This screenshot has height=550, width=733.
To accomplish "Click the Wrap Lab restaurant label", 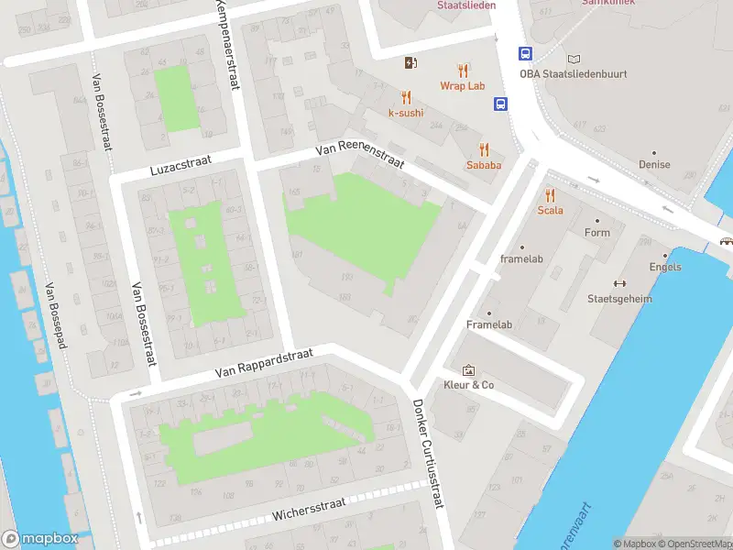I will (x=462, y=86).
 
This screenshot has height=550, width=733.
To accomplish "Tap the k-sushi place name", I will (x=406, y=113).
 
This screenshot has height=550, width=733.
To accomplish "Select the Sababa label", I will (x=484, y=165).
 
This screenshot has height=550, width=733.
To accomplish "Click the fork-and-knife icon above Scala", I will (x=550, y=194).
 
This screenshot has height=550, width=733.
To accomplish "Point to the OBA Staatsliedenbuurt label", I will (x=574, y=74).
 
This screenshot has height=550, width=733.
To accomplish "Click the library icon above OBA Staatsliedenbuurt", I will (x=574, y=59).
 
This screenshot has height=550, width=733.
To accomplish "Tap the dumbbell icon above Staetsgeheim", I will (x=619, y=283).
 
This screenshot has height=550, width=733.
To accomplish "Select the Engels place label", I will (x=664, y=267).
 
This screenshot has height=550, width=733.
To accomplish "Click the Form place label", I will (x=596, y=233).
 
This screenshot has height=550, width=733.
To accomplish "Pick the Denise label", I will (x=654, y=165).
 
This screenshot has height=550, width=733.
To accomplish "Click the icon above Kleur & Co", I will (x=469, y=370).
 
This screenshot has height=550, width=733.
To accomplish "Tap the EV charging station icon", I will (x=411, y=62).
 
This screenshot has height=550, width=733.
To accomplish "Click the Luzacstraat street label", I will (x=181, y=166).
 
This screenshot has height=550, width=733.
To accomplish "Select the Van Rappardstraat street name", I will (x=264, y=363).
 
